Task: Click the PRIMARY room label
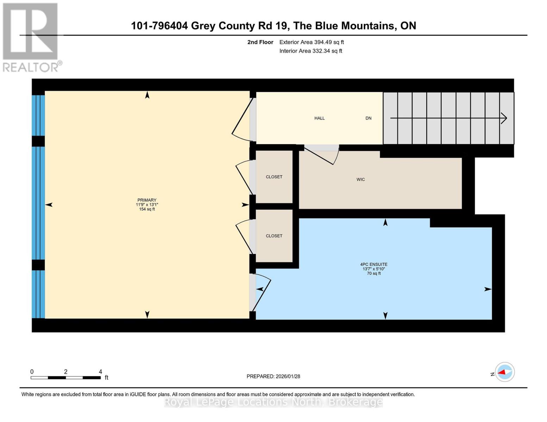coord(147,200)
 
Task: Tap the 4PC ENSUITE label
coord(374,264)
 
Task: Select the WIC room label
coord(360,179)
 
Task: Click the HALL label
coord(319,118)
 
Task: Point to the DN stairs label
coord(368,118)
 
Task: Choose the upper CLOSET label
coord(274,177)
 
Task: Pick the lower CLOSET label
coord(274,236)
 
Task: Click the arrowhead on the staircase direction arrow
coord(504,118)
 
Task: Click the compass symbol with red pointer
coord(504,372)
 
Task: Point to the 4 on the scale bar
coord(100,372)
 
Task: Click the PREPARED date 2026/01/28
coord(273,376)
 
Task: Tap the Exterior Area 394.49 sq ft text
coord(311,42)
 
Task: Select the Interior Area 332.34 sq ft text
coord(311,51)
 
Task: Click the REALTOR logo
coord(31,37)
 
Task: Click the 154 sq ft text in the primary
coord(147,209)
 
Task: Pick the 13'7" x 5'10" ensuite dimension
coord(374,269)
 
